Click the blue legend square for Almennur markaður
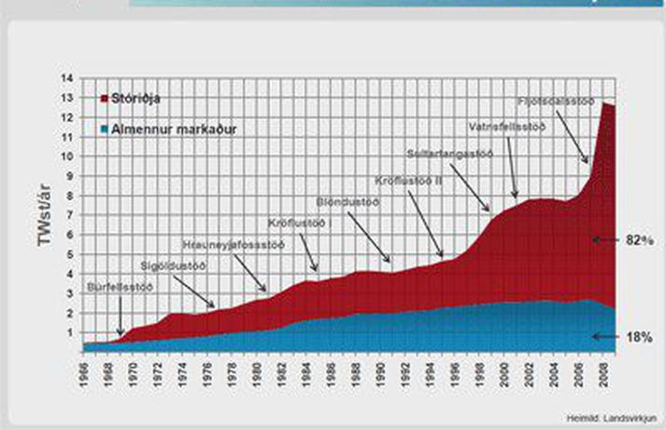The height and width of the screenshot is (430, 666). click(103, 126)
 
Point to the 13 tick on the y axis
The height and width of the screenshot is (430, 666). click(70, 97)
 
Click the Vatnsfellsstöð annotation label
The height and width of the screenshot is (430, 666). click(507, 125)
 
